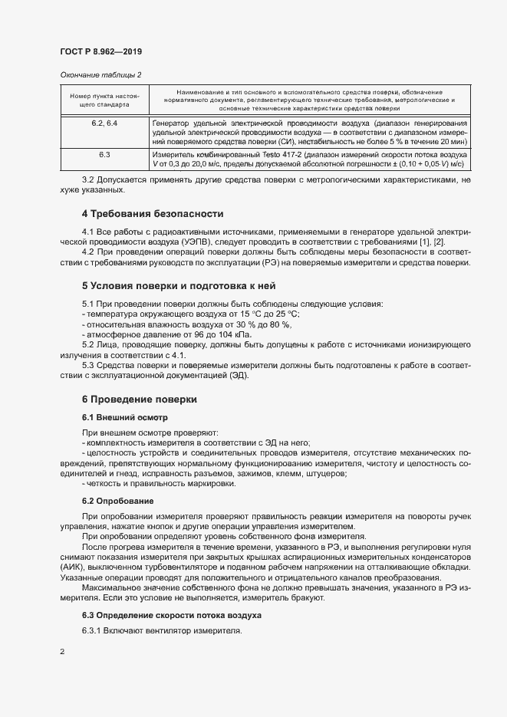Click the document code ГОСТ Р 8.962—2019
101,51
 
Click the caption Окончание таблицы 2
100,74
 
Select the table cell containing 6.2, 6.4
104,123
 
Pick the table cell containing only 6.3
104,154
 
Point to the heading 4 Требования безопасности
153,212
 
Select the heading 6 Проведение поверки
140,400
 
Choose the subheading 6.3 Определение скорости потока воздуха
171,615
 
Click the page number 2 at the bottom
61,652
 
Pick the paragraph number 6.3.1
94,631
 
